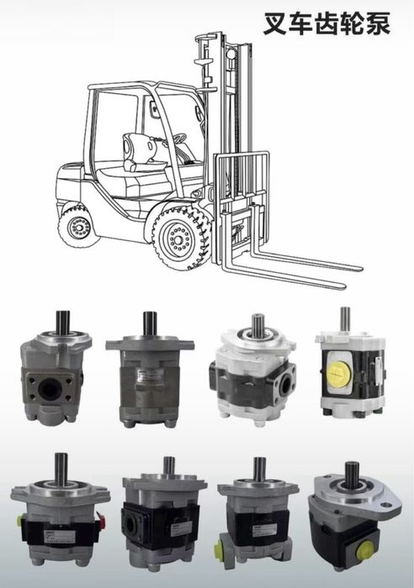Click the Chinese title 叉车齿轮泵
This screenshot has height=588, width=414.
pyautogui.click(x=326, y=24)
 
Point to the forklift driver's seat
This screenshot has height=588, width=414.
pyautogui.click(x=140, y=155)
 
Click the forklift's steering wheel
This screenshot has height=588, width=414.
pyautogui.click(x=177, y=139)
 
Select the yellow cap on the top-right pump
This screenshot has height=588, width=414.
pyautogui.click(x=338, y=374)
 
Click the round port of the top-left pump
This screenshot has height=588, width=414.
pyautogui.click(x=50, y=390)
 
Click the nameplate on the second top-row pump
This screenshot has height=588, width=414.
pyautogui.click(x=150, y=375)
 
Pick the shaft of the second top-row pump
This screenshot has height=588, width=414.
pyautogui.click(x=150, y=323)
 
